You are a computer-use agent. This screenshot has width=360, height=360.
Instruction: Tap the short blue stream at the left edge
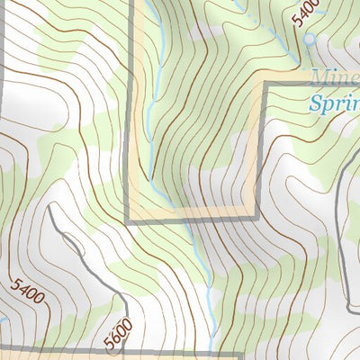4,317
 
